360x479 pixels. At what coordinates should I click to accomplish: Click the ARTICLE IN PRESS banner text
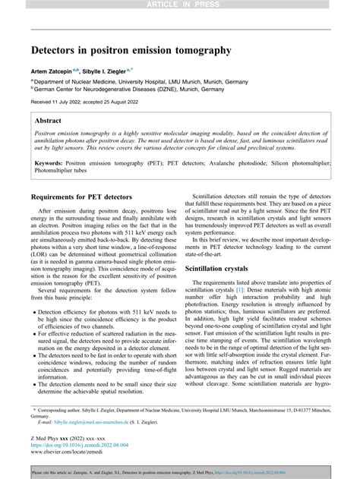click(x=179, y=5)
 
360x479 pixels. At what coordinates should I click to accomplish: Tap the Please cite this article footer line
click(x=179, y=471)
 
